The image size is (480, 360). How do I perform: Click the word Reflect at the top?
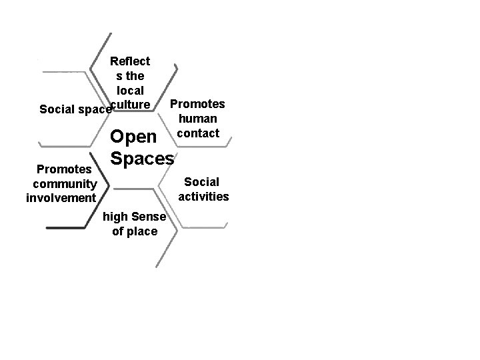point(130,61)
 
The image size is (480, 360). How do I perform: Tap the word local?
point(130,89)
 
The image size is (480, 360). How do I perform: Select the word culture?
point(130,103)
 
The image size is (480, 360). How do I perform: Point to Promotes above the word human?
point(197,104)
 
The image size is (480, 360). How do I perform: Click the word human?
point(197,118)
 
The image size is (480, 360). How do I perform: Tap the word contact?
point(197,133)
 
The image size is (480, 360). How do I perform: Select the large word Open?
point(133,137)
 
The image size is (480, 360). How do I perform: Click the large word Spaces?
point(142,159)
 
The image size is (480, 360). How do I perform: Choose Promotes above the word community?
point(60,169)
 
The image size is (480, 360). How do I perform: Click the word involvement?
point(61,198)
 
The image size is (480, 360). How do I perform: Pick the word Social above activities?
point(201,182)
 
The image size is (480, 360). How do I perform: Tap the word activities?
point(203,196)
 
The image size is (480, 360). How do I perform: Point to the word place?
point(143,231)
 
